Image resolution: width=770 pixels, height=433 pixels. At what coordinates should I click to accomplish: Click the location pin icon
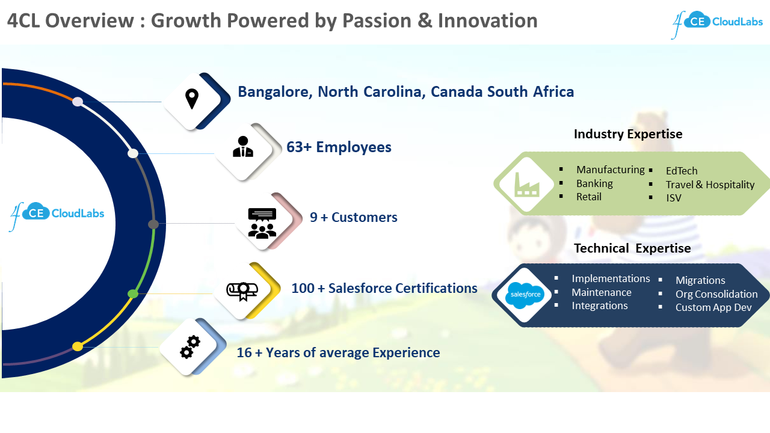click(x=192, y=99)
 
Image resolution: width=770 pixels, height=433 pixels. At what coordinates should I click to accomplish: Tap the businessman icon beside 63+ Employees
click(x=243, y=147)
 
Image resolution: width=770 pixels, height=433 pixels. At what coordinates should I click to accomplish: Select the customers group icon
click(x=262, y=223)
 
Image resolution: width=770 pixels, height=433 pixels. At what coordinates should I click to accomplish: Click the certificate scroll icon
click(x=241, y=290)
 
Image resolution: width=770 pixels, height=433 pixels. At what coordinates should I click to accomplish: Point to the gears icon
click(x=190, y=347)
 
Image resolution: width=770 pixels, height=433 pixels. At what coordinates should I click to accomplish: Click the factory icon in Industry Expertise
click(x=526, y=185)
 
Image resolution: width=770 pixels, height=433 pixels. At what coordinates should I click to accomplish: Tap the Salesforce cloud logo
click(x=525, y=295)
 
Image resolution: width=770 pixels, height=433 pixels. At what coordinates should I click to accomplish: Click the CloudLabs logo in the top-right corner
click(x=717, y=23)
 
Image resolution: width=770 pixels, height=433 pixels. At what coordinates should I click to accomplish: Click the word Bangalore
click(x=274, y=92)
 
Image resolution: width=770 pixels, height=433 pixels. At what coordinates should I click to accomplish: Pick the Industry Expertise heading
click(x=628, y=134)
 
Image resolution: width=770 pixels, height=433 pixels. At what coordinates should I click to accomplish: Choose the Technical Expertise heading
click(x=632, y=248)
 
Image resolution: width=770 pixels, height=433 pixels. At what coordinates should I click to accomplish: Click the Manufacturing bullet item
click(x=610, y=170)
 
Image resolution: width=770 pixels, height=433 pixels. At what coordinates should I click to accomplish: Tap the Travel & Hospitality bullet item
click(x=710, y=185)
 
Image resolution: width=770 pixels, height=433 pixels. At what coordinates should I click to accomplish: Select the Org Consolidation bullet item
click(x=716, y=294)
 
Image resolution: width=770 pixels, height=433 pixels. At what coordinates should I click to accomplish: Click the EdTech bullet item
click(x=682, y=171)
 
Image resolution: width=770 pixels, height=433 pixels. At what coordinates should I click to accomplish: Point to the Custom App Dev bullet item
click(x=713, y=307)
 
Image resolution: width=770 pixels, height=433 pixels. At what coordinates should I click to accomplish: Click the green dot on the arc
click(x=133, y=293)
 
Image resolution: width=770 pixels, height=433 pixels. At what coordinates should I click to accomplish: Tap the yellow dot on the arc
click(x=78, y=346)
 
